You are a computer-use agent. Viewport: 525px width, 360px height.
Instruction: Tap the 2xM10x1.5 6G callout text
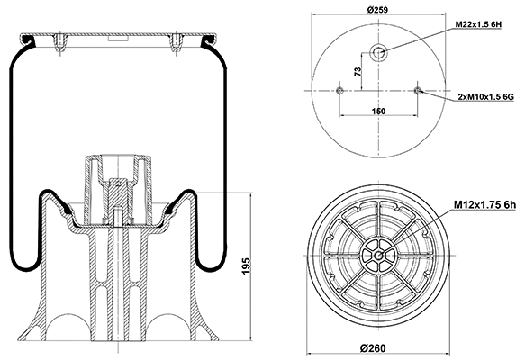(483, 94)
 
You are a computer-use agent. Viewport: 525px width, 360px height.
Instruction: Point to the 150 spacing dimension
(378, 111)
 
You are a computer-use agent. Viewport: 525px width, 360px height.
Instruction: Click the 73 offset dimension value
(358, 71)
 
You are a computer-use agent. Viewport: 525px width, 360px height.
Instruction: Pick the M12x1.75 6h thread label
(483, 205)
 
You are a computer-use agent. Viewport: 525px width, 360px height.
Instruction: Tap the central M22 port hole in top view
(378, 52)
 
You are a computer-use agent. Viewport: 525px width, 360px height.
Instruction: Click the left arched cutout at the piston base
(64, 328)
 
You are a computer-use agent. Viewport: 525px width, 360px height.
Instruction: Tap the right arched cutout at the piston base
(171, 328)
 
